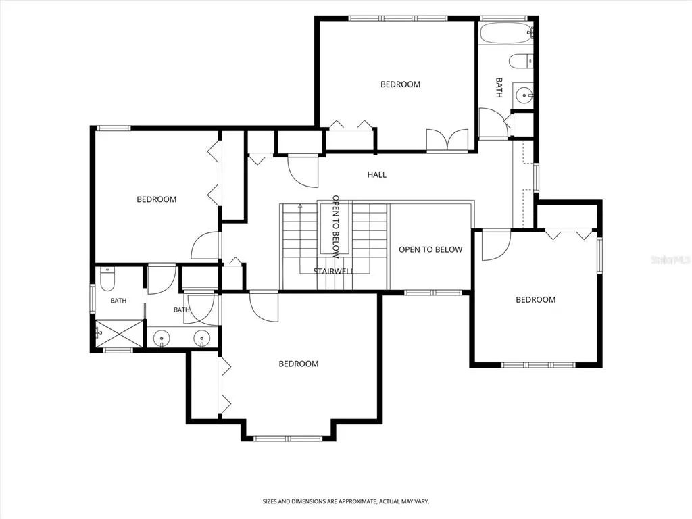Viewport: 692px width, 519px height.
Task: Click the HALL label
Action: [x=377, y=175]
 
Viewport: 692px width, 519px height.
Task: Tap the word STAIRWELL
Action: [x=334, y=271]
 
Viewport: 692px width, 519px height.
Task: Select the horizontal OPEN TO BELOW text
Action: [x=430, y=250]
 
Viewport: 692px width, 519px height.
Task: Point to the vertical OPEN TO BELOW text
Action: [x=336, y=227]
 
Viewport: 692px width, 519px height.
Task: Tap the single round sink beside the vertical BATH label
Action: [x=524, y=95]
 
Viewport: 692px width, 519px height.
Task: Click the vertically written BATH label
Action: [x=499, y=88]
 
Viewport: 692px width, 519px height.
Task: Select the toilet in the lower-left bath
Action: [x=107, y=278]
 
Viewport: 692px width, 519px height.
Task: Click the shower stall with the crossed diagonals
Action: [x=119, y=333]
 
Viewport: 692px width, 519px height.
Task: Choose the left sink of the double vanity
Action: [x=162, y=339]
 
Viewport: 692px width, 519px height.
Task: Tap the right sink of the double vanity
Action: [x=201, y=339]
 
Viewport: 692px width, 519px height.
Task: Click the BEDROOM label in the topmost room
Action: [x=400, y=84]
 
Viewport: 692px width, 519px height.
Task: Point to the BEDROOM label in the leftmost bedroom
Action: [x=157, y=199]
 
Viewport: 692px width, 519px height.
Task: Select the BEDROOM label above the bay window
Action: [x=298, y=364]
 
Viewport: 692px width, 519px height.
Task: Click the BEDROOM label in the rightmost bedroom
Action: [x=536, y=299]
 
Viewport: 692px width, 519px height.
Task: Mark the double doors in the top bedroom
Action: [x=447, y=141]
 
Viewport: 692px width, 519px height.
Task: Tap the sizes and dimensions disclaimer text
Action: [x=346, y=501]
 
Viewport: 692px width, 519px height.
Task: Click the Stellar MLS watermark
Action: [x=671, y=260]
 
